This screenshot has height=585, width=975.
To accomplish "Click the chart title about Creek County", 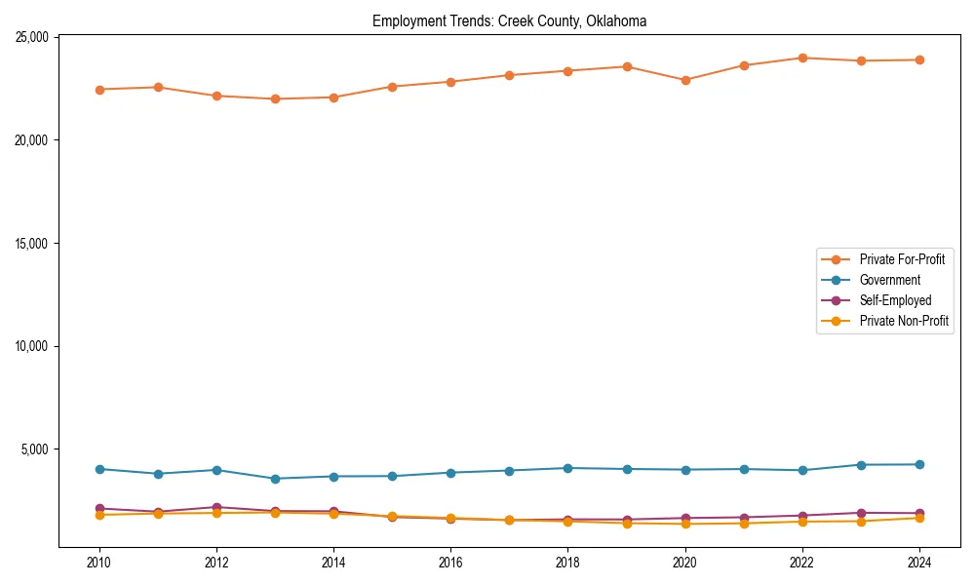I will coord(509,21).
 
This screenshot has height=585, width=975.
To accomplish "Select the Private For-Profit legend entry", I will coord(902,259).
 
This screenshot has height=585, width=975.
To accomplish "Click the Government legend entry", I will coord(889,280).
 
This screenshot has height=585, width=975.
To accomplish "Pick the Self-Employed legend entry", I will coord(895,300).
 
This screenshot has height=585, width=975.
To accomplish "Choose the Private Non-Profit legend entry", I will coord(904,321).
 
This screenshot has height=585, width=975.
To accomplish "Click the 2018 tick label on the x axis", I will coord(567,563).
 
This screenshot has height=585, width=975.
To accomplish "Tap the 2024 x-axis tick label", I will coord(919,563).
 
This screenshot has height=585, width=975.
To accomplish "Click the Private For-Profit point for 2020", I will coord(685,80).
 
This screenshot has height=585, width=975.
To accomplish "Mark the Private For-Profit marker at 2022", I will coord(802,58).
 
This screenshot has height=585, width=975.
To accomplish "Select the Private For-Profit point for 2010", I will coord(98,89).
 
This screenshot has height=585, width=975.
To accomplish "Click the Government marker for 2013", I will coord(275,479).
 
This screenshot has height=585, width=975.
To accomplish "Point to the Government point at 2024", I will coord(919,464).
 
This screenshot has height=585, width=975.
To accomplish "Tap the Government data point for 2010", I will coord(98,469).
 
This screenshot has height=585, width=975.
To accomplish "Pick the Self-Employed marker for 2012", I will coord(216,507).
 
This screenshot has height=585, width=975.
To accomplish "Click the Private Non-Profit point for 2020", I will coord(685,524).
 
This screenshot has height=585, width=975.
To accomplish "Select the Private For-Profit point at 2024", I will coord(919,59).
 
